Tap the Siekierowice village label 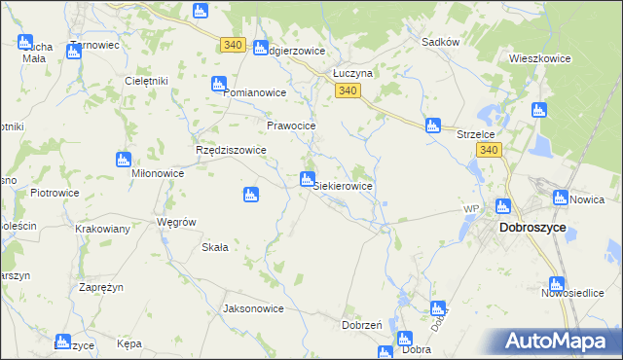point(343,185)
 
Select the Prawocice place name point(292,126)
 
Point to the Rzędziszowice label point(232,151)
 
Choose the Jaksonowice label point(253,308)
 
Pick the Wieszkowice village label point(539,58)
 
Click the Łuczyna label point(353,73)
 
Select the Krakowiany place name point(103,229)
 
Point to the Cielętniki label point(147,81)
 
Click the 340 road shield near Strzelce point(490,150)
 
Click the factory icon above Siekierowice point(308,179)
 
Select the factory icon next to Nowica point(560,198)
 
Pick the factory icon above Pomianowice point(220,84)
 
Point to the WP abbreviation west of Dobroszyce point(471,209)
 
